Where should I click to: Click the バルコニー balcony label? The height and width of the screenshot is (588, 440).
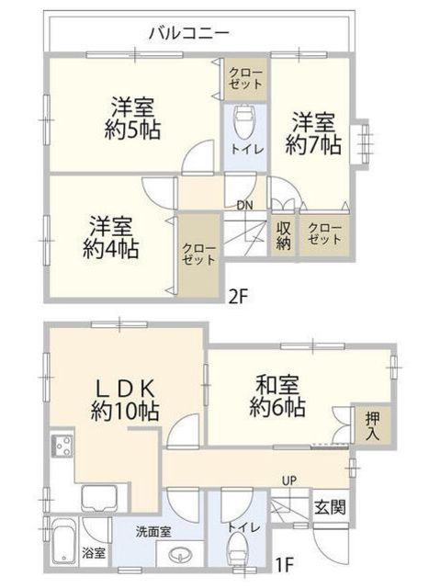(189, 33)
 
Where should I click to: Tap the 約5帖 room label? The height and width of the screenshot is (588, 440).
(132, 130)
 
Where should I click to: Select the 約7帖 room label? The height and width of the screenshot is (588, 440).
(313, 145)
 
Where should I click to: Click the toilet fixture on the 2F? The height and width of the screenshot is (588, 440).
(245, 122)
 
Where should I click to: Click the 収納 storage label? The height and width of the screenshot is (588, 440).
(284, 236)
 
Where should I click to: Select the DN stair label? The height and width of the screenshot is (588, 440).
(244, 206)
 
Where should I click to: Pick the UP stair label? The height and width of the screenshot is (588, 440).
(289, 481)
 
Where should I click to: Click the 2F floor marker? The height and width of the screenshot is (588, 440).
(239, 298)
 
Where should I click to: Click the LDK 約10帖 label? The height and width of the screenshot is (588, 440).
(125, 401)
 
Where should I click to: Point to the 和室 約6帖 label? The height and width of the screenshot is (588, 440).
(277, 397)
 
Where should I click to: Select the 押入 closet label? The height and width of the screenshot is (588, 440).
(373, 426)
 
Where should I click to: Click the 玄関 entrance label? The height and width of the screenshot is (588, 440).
(330, 507)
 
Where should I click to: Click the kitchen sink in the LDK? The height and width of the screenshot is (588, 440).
(100, 498)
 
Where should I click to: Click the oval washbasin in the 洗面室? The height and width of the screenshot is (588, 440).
(180, 553)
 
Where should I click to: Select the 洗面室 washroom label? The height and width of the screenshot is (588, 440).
(153, 531)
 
